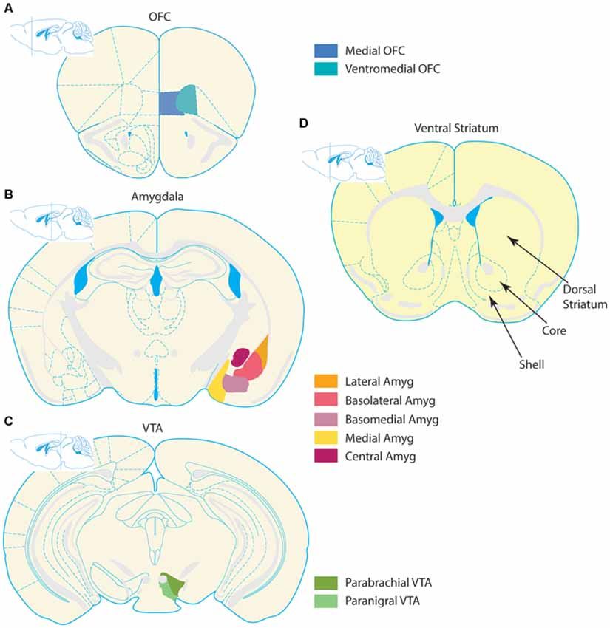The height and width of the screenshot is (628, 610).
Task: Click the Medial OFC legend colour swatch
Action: [325, 52]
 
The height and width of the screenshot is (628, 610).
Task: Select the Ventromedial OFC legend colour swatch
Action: [325, 69]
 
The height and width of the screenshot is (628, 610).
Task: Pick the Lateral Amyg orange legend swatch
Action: [325, 382]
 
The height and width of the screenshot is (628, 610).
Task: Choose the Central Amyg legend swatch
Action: [325, 456]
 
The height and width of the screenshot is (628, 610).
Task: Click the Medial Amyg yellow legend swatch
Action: [325, 437]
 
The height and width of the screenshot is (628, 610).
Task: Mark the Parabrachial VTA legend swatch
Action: [325, 583]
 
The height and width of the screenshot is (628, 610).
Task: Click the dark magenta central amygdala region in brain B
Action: [240, 357]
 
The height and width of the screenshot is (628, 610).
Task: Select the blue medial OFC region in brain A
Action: [169, 103]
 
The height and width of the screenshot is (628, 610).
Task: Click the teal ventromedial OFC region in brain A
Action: [188, 100]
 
